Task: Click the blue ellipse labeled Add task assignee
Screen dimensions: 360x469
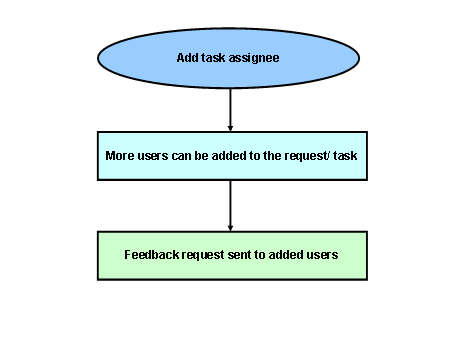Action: point(231,57)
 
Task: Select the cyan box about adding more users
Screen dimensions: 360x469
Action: point(231,156)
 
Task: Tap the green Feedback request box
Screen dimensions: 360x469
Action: point(231,255)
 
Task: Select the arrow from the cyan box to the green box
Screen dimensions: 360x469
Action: point(231,205)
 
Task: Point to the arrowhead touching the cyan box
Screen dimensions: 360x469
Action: point(231,127)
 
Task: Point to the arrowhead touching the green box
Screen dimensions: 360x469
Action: point(231,226)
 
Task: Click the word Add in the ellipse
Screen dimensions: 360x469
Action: point(187,58)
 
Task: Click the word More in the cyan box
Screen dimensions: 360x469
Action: point(120,157)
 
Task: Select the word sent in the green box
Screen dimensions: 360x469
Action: point(236,255)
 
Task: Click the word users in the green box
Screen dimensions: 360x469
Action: point(321,255)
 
